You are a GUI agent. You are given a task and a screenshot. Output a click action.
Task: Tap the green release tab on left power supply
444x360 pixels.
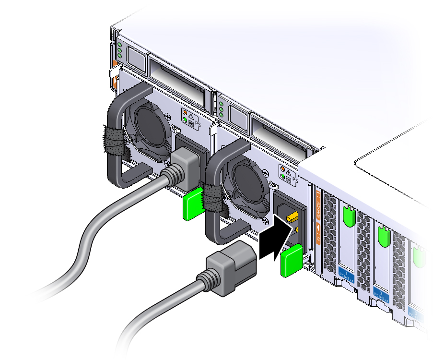pyautogui.click(x=194, y=204)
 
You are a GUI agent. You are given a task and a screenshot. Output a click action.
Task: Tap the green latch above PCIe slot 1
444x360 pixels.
pyautogui.click(x=348, y=213)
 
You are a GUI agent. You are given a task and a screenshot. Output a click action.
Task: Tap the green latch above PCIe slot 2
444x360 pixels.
pyautogui.click(x=383, y=234)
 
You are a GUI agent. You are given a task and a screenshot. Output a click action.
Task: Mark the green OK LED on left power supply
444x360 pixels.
pyautogui.click(x=184, y=122)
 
